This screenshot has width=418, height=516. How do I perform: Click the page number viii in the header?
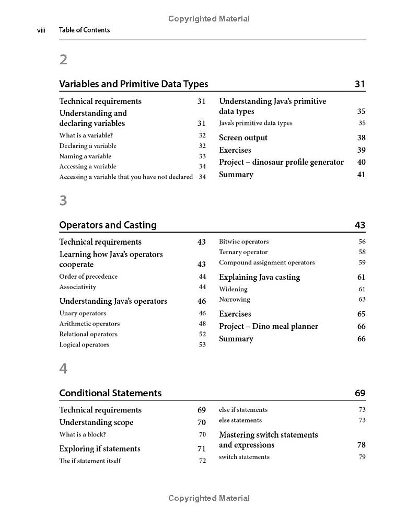click(41, 30)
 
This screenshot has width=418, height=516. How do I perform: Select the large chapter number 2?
click(63, 60)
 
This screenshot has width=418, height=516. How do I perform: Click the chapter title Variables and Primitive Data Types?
click(133, 84)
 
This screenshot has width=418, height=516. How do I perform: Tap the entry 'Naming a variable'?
click(85, 156)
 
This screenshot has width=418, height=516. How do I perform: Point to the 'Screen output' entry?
click(243, 138)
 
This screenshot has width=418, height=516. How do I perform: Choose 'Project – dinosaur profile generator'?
click(281, 162)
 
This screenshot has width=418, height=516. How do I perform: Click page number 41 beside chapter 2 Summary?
click(361, 175)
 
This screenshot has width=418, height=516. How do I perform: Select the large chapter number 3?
click(63, 201)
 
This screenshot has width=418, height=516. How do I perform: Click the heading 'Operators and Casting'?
click(108, 225)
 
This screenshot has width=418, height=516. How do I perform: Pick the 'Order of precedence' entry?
click(88, 277)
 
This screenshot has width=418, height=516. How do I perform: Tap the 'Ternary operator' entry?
click(243, 252)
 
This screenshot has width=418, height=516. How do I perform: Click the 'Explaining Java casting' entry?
click(259, 277)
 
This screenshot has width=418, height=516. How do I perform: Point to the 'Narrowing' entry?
click(235, 300)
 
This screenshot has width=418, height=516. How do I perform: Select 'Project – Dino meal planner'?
click(268, 326)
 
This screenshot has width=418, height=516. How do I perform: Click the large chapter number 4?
click(63, 369)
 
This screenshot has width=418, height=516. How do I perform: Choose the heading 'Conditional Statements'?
click(110, 393)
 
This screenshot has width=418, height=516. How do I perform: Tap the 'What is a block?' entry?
click(83, 434)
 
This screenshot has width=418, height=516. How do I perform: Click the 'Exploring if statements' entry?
click(99, 449)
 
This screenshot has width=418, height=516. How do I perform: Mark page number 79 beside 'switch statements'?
click(362, 457)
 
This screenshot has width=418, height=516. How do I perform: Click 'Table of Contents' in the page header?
click(84, 30)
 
